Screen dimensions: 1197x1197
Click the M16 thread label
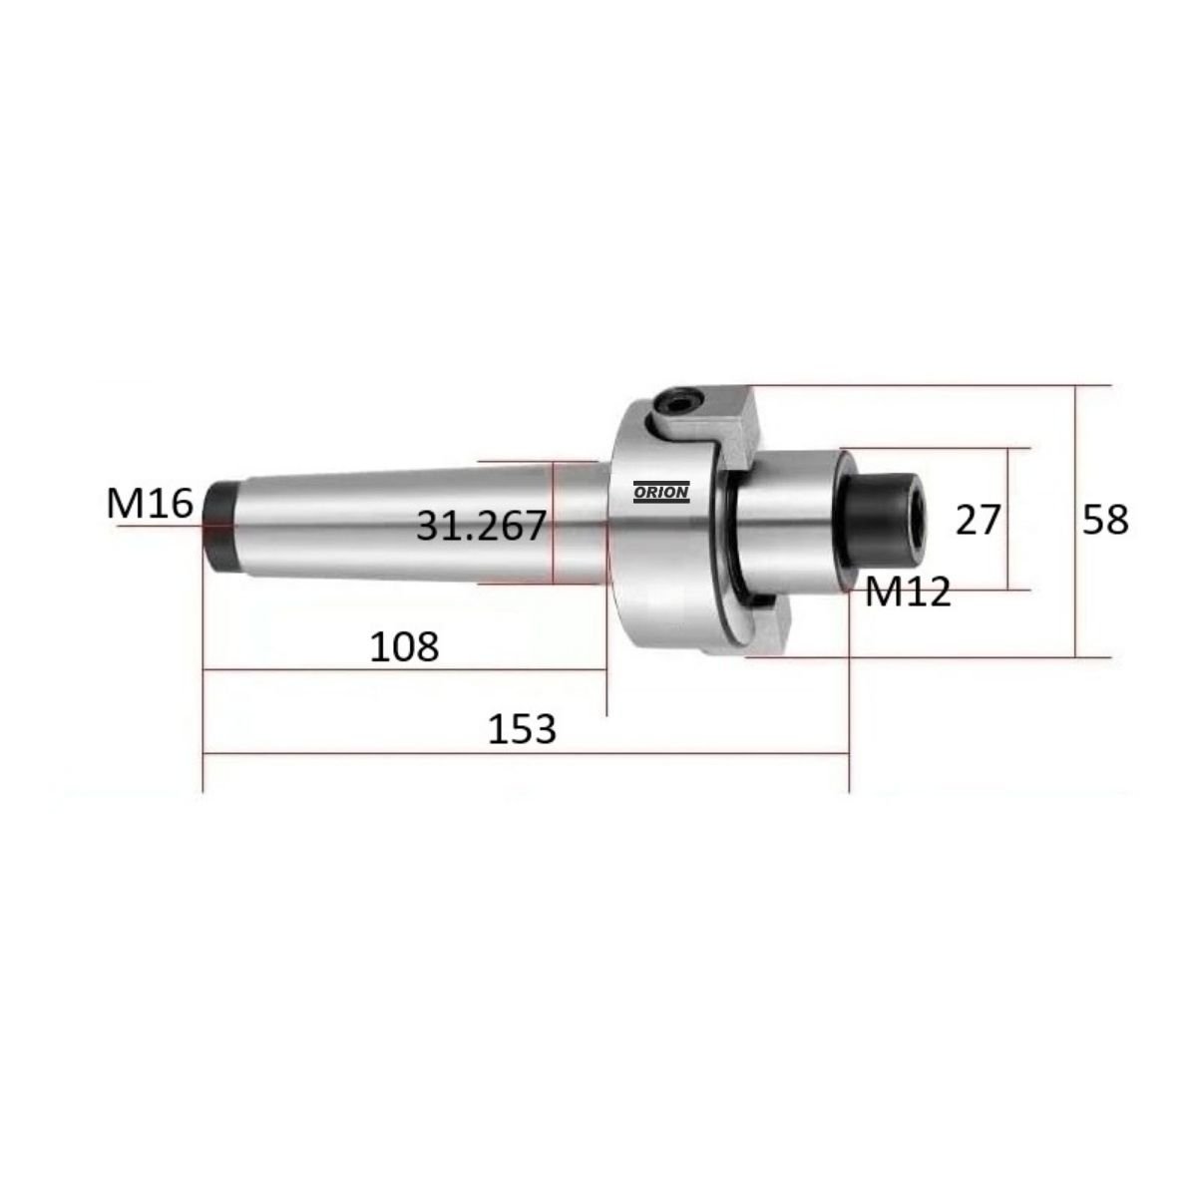[x=150, y=504]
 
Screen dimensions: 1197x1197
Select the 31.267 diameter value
[x=481, y=525]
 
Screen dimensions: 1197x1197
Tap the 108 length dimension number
[x=404, y=647]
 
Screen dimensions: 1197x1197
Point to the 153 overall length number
[x=521, y=729]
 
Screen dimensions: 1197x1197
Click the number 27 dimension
[x=977, y=520]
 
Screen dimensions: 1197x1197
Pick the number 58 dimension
[x=1105, y=520]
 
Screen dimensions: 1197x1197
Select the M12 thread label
[x=907, y=594]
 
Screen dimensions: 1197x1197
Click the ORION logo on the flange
[x=660, y=491]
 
